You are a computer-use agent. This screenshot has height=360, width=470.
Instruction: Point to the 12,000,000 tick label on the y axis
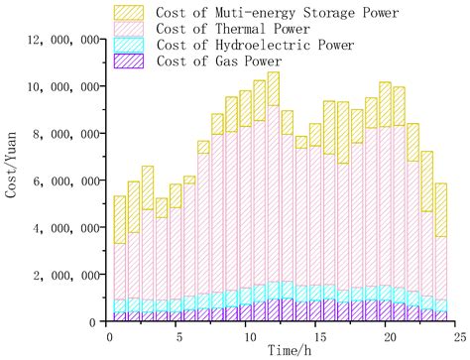(x=62, y=40)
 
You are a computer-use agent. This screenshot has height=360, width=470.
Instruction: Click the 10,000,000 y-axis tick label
(x=62, y=86)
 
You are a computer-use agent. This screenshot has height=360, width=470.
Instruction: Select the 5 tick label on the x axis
(x=176, y=334)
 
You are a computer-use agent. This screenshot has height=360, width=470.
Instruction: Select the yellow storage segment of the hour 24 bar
(x=440, y=208)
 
